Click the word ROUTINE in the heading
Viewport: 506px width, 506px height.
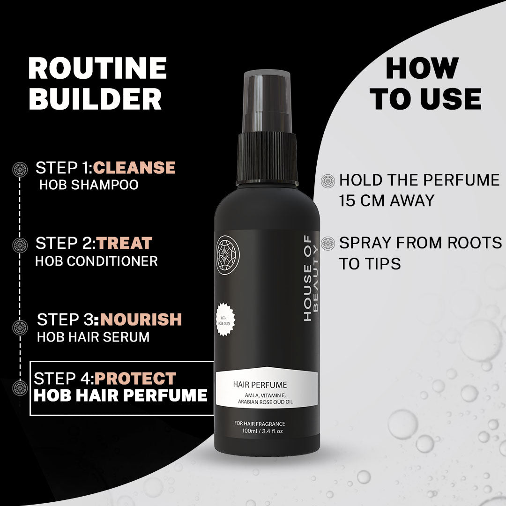[x=97, y=68]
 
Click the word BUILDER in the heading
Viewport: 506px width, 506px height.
[x=95, y=99]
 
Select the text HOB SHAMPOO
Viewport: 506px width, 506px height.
[x=89, y=185]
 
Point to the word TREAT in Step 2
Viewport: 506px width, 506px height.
[x=125, y=243]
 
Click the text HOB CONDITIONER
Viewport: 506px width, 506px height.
[x=97, y=261]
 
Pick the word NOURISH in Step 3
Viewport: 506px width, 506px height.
[x=141, y=320]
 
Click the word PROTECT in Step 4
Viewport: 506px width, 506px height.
[x=137, y=378]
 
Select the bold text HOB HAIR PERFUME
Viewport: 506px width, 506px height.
[x=121, y=395]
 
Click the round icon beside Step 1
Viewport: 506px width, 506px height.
[x=20, y=169]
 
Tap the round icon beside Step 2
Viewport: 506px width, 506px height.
[x=20, y=245]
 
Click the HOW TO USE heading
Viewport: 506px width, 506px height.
[x=425, y=84]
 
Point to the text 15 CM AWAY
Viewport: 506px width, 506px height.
[x=387, y=201]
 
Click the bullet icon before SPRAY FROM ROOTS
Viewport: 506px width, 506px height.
[x=328, y=244]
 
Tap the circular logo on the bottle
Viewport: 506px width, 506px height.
[x=228, y=255]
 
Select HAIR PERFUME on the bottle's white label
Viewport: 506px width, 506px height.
[x=260, y=385]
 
